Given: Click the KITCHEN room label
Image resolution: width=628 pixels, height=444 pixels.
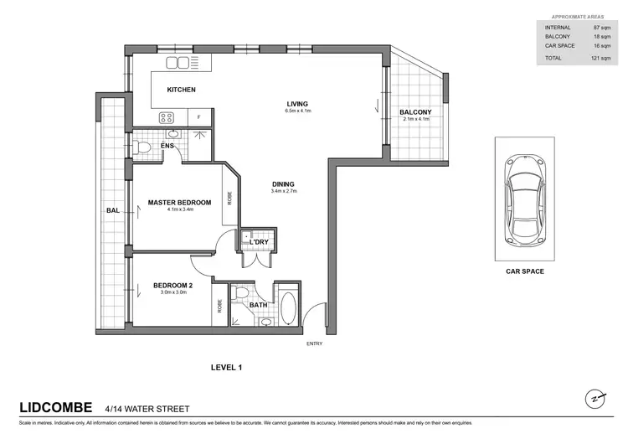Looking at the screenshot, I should pyautogui.click(x=181, y=90).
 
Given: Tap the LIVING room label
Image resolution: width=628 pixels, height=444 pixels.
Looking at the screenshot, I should pyautogui.click(x=297, y=104).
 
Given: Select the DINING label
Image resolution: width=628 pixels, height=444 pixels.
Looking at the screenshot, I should pyautogui.click(x=284, y=184).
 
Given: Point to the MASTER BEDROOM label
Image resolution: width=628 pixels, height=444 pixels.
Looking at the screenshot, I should pyautogui.click(x=179, y=202).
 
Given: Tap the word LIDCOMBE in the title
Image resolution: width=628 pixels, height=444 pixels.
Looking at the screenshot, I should pyautogui.click(x=55, y=408).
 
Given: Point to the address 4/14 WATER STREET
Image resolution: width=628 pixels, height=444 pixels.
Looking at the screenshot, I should pyautogui.click(x=147, y=409).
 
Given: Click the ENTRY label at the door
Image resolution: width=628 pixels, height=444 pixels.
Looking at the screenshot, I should pyautogui.click(x=315, y=343).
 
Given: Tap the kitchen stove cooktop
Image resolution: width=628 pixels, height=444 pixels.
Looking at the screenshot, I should pyautogui.click(x=166, y=118).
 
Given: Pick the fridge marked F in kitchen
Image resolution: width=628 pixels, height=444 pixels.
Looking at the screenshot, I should pyautogui.click(x=198, y=118).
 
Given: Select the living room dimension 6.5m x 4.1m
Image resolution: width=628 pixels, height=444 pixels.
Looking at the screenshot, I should pyautogui.click(x=297, y=111).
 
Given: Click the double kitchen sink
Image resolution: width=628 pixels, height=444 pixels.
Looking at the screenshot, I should pyautogui.click(x=179, y=63).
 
